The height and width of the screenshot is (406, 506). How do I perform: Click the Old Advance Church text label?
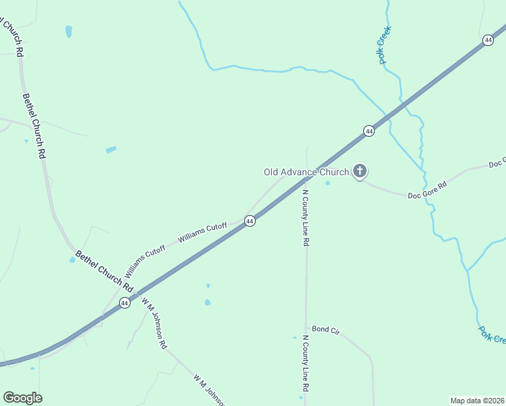pos(306,172)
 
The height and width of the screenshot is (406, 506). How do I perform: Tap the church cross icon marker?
pos(360,172)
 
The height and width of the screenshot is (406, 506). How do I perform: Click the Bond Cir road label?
pos(325,330)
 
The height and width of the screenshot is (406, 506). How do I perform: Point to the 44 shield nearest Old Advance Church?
pos(368,131)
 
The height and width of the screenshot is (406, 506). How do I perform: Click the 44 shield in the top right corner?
pos(488,41)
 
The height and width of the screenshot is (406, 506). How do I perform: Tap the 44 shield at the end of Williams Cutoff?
pos(250,221)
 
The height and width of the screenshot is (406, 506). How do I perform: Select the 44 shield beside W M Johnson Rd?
pos(124,303)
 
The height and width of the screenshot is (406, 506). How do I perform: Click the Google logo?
pos(22,398)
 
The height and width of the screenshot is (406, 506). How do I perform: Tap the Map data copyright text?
pos(478,401)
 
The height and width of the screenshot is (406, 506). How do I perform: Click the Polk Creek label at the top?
pos(385,45)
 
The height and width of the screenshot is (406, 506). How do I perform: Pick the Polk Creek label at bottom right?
pos(492,335)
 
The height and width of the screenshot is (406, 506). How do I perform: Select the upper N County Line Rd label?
pos(305,217)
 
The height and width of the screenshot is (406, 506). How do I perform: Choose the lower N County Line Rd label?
pos(305,364)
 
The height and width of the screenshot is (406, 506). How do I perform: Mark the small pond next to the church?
pos(327,183)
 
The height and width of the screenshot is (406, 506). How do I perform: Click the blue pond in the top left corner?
pos(68,31)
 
